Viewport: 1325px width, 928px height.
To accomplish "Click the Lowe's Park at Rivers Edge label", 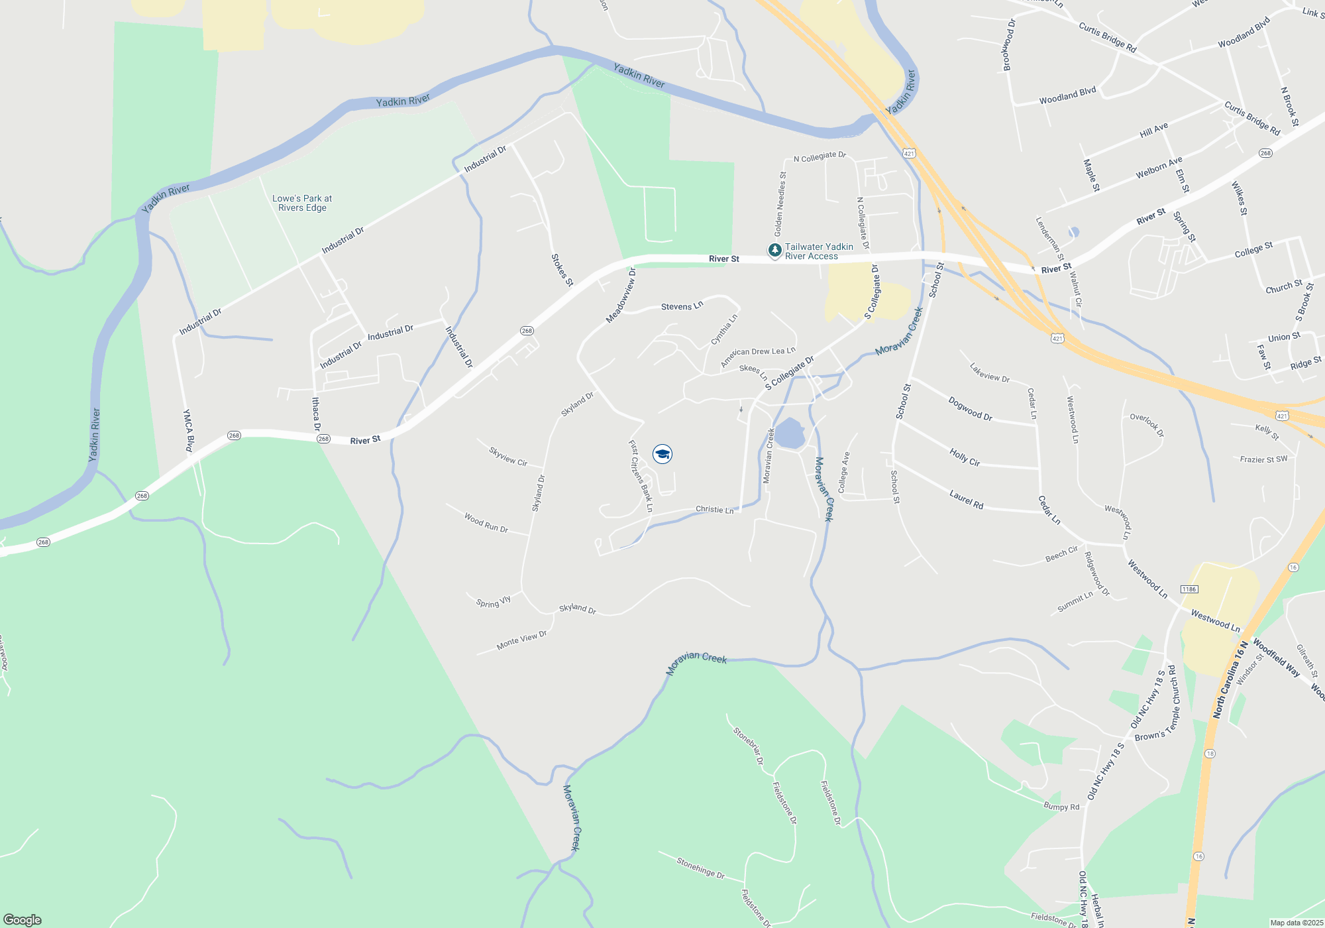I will [x=302, y=203].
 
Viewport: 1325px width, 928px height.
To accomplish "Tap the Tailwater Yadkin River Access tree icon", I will [x=774, y=251].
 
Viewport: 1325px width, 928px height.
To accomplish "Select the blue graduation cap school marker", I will [x=662, y=454].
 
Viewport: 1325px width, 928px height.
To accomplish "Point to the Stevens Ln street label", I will [x=682, y=306].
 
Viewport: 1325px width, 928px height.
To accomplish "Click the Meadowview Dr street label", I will [x=621, y=296].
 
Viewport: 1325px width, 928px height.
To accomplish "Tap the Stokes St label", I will [x=562, y=270].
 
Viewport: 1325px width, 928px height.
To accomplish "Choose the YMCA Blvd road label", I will [x=188, y=430].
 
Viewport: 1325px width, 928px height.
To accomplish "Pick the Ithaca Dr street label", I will [x=316, y=414].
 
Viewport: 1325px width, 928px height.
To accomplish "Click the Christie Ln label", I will [x=714, y=510].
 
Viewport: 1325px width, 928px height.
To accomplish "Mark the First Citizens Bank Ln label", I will [x=641, y=476].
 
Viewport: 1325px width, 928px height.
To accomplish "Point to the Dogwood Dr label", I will [x=970, y=408].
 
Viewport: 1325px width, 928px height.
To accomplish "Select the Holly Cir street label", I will [x=965, y=457].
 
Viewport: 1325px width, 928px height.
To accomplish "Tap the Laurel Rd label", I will [x=966, y=499].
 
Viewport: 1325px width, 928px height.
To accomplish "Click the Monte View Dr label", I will [x=521, y=640].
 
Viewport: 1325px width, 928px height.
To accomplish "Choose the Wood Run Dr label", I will [x=486, y=522].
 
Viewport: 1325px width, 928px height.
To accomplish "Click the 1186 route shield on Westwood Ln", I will [x=1189, y=589].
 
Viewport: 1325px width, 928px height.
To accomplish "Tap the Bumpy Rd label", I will [x=1061, y=807].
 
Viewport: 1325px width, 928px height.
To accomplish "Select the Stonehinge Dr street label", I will [x=700, y=867].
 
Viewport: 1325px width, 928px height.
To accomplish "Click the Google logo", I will [x=23, y=920].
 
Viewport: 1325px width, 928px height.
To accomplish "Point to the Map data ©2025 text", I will [x=1297, y=923].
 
